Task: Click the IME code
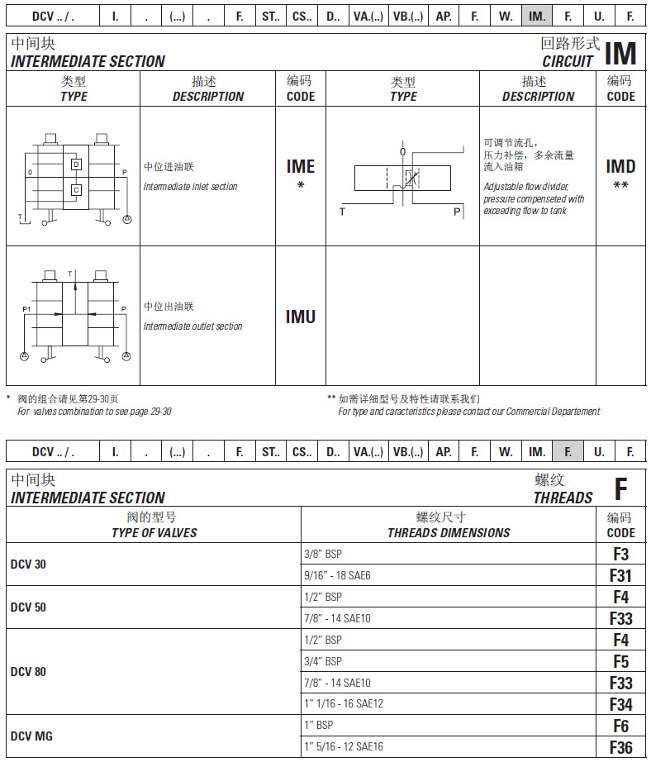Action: (x=301, y=167)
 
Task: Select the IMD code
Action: (x=620, y=167)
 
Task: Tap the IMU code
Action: (x=301, y=317)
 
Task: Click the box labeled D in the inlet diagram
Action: (x=76, y=165)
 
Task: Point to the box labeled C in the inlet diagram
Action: (x=76, y=190)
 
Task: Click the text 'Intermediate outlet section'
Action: (x=193, y=326)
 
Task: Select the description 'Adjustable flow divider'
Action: (x=526, y=187)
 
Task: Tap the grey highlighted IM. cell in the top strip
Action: (x=537, y=15)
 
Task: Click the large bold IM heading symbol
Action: (x=620, y=54)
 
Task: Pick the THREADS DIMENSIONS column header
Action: (x=449, y=533)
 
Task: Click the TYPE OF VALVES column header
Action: (x=154, y=533)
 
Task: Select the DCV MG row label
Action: (x=31, y=736)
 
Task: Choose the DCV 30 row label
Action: (x=28, y=565)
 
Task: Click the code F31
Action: (x=620, y=575)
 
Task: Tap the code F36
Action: (x=620, y=747)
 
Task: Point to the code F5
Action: (x=620, y=661)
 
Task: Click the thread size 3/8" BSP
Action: (x=323, y=554)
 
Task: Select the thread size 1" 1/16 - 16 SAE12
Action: (x=344, y=704)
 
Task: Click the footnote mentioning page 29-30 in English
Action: (x=95, y=412)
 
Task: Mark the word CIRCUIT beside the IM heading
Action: (x=568, y=61)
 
